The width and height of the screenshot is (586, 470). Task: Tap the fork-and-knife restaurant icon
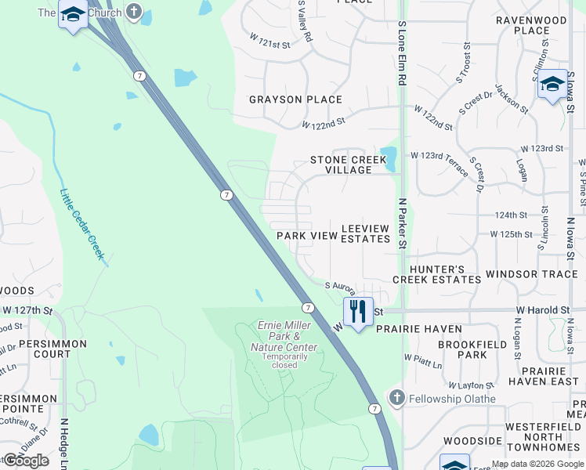pos(358,311)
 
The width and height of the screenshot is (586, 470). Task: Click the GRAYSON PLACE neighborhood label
pos(295,99)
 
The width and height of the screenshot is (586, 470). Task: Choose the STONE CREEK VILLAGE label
pos(349,164)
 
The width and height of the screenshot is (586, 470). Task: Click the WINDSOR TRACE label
pos(531,274)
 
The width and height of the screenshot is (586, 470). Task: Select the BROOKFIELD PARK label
pos(462,349)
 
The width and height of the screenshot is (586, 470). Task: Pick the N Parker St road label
pos(402,223)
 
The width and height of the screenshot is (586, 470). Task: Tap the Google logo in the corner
pos(26,461)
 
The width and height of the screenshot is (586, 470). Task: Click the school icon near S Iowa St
pos(552,83)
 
